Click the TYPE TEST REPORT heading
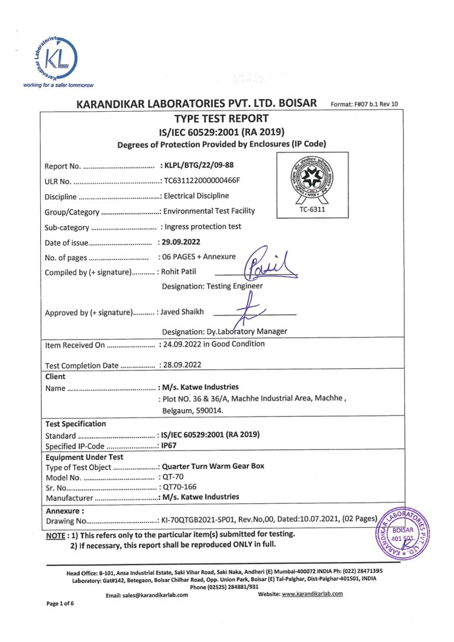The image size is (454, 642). coord(221,118)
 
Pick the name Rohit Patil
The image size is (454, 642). coord(180,272)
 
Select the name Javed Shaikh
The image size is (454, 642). coord(183,313)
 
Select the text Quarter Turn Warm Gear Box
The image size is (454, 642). coord(213,466)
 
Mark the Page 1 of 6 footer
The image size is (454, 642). coord(62,620)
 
